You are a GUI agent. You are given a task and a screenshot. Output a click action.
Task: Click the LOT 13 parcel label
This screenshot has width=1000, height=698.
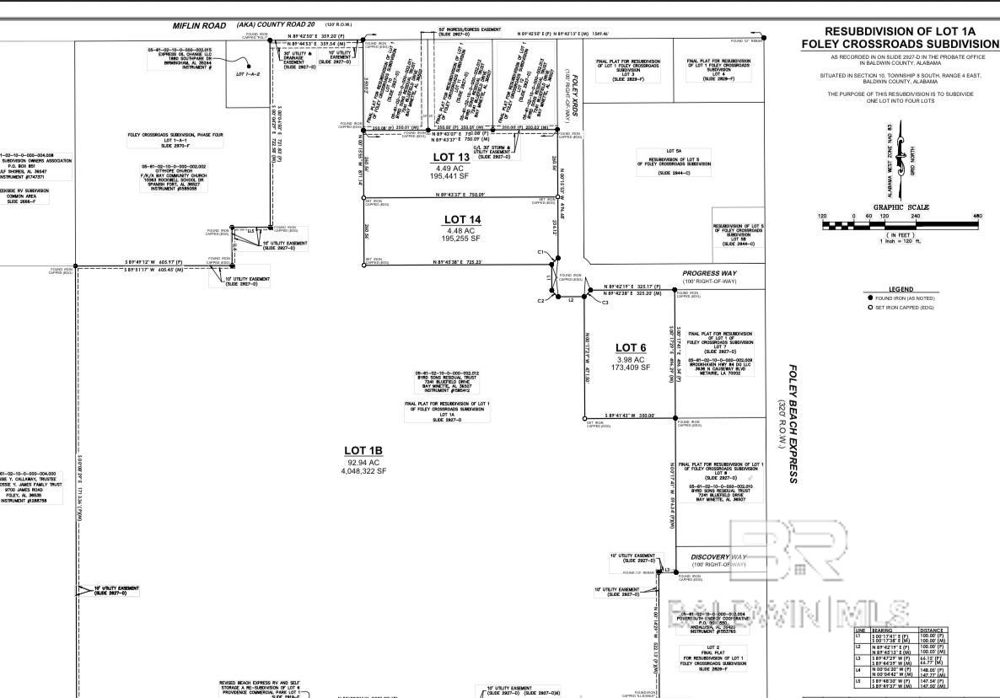(x=451, y=158)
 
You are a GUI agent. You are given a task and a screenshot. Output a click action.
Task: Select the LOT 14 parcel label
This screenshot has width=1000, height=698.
(x=462, y=220)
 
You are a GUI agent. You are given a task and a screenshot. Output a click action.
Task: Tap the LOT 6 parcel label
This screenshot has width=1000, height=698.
(x=630, y=347)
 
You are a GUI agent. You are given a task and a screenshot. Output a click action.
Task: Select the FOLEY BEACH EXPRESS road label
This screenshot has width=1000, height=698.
(x=793, y=424)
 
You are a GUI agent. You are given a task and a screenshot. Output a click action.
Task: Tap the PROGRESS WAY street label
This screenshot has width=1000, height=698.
(x=709, y=273)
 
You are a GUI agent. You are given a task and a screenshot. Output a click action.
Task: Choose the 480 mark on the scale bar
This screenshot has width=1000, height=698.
(x=978, y=217)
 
